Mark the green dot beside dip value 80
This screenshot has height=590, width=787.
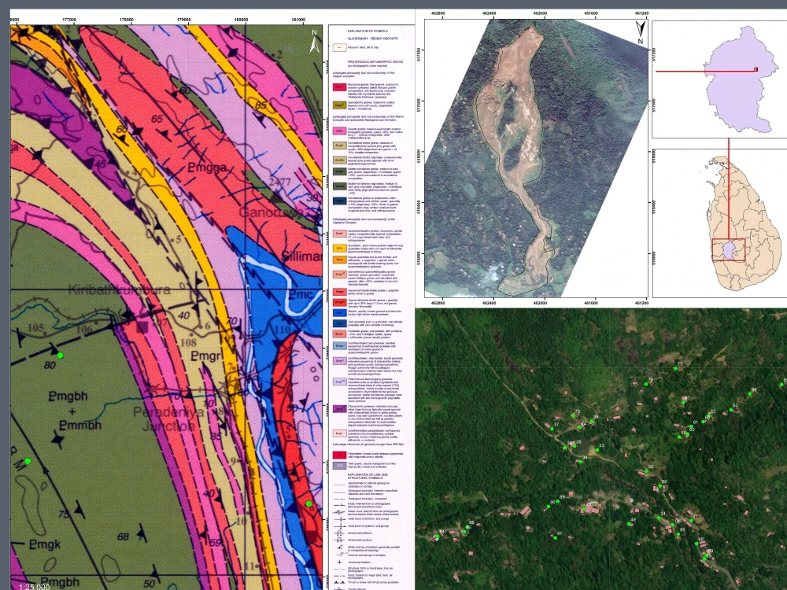tap(60, 356)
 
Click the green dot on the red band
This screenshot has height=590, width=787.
tap(309, 503)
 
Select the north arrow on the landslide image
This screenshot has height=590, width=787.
tap(640, 31)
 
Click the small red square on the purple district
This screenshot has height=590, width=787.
tap(756, 69)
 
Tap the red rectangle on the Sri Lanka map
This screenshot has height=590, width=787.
tap(729, 250)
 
